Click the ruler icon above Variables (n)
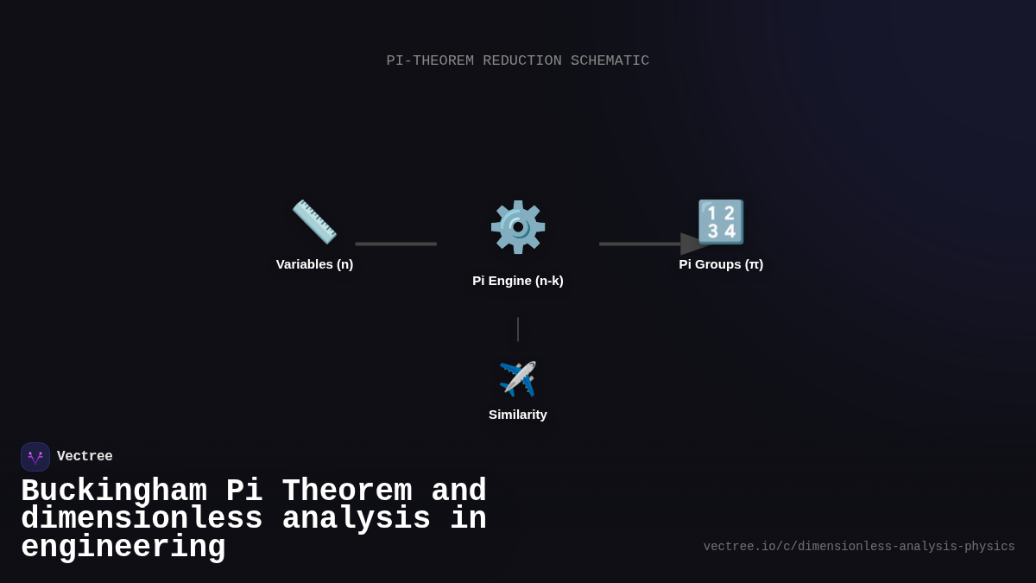point(314,222)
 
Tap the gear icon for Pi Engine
point(518,226)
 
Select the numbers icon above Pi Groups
point(721,222)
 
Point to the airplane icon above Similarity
point(518,379)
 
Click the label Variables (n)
point(314,264)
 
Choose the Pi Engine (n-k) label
point(518,281)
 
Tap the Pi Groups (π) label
point(721,264)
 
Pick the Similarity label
point(518,415)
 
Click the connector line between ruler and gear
point(395,244)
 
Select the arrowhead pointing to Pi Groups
point(694,244)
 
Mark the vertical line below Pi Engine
point(518,329)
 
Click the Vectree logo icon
point(35,457)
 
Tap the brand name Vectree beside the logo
point(85,457)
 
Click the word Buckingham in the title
point(114,491)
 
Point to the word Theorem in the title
point(347,491)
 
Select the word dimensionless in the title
point(142,519)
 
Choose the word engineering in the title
point(123,548)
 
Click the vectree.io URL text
point(859,547)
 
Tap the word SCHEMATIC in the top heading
point(610,60)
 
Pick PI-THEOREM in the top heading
point(430,60)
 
